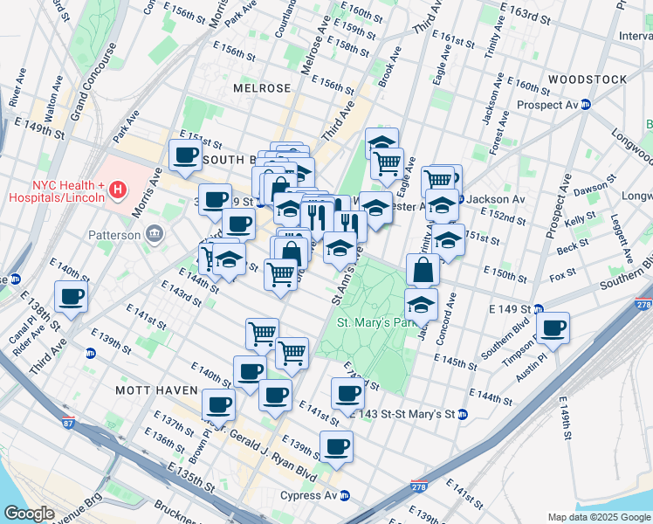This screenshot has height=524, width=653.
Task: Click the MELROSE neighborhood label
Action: [262, 89]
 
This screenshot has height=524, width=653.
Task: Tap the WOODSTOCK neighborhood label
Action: [588, 79]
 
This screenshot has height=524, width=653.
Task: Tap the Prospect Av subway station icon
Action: [588, 105]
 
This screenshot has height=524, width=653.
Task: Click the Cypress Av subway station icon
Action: [345, 495]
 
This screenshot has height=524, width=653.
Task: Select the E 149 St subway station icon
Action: [539, 308]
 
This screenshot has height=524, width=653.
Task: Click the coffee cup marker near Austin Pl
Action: [553, 328]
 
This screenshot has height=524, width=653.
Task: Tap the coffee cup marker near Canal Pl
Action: [71, 296]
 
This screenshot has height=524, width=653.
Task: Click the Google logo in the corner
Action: [29, 514]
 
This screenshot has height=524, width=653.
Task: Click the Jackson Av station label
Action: [495, 199]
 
